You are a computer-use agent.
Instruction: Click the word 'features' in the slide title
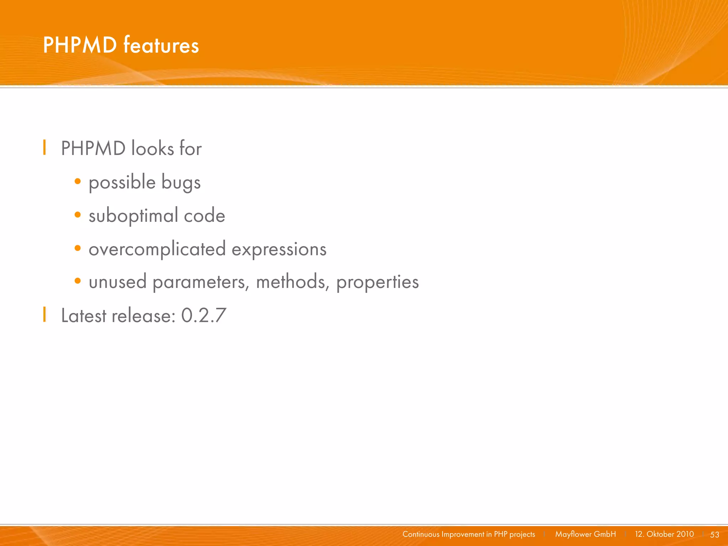[x=161, y=45]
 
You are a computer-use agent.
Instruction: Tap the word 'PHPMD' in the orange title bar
[x=80, y=45]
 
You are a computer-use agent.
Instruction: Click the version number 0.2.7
[x=204, y=315]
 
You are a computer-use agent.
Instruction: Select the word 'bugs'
[x=181, y=183]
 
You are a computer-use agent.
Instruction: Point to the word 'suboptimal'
[x=133, y=216]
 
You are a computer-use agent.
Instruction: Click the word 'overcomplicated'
[x=157, y=249]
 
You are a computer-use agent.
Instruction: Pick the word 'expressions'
[x=279, y=249]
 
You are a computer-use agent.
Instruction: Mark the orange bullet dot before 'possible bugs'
[x=78, y=182]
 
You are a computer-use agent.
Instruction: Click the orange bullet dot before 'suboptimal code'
[x=78, y=215]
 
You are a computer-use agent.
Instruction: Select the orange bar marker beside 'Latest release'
[x=44, y=314]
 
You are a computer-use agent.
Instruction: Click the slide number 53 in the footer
[x=714, y=534]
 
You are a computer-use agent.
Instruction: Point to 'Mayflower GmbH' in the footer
[x=585, y=534]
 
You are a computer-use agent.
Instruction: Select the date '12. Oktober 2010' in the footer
[x=664, y=534]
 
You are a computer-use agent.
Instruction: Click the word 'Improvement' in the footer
[x=463, y=534]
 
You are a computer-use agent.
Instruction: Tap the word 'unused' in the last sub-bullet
[x=118, y=282]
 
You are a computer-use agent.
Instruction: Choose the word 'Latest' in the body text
[x=84, y=315]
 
